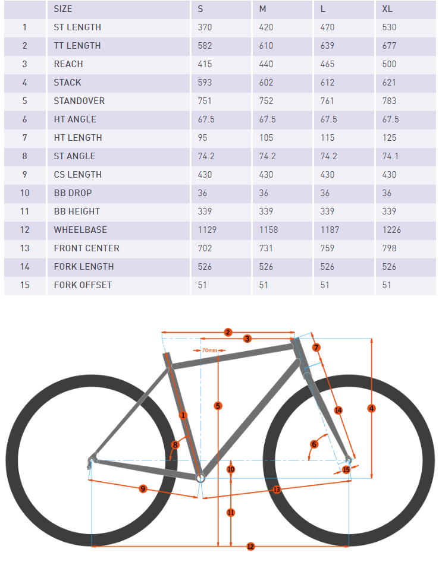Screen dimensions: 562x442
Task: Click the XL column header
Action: tap(387, 9)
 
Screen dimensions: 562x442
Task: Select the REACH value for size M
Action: tap(267, 64)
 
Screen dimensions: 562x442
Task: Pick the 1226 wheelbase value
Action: tap(391, 230)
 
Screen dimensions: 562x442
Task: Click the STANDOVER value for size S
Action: tap(205, 101)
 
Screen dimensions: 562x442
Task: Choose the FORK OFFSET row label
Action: tap(83, 285)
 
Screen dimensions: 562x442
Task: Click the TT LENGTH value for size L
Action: tap(328, 46)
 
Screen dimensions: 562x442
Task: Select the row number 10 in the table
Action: tap(25, 193)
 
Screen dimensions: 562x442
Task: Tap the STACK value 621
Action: tap(389, 83)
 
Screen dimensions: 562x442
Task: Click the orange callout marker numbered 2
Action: tap(227, 332)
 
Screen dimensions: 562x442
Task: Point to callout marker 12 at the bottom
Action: tap(250, 546)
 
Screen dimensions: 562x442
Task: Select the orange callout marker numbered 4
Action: tap(372, 408)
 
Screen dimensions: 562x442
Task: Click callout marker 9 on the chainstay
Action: tap(143, 488)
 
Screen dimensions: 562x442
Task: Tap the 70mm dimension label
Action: tap(209, 351)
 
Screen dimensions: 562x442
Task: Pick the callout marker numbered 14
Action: tap(338, 410)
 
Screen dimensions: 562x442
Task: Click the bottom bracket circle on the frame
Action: tap(200, 476)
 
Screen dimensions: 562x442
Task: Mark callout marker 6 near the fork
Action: tap(315, 444)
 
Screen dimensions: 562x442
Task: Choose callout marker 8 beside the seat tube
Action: tap(175, 444)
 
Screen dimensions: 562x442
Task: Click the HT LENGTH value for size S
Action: tap(203, 138)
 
